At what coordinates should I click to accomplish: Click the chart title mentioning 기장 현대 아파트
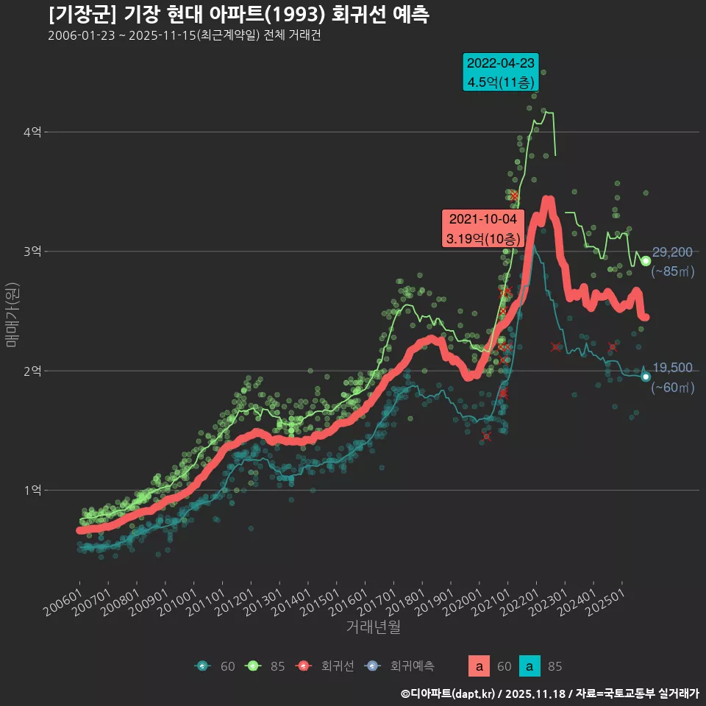point(239,14)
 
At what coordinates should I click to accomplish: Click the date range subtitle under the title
point(184,35)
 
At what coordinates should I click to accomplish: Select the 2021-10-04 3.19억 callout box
point(482,229)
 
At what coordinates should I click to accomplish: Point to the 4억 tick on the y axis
point(32,132)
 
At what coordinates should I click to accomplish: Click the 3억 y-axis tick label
point(32,252)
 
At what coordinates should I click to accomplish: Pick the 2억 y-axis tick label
point(32,371)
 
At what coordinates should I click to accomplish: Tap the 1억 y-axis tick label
point(32,491)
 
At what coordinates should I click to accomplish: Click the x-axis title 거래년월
point(374,627)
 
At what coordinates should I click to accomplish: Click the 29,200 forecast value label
point(672,253)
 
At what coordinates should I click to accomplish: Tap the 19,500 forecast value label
point(672,368)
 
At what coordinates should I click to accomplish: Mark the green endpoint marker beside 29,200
point(646,261)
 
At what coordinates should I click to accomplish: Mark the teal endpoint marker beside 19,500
point(646,377)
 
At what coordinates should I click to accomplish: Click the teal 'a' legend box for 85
point(529,666)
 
